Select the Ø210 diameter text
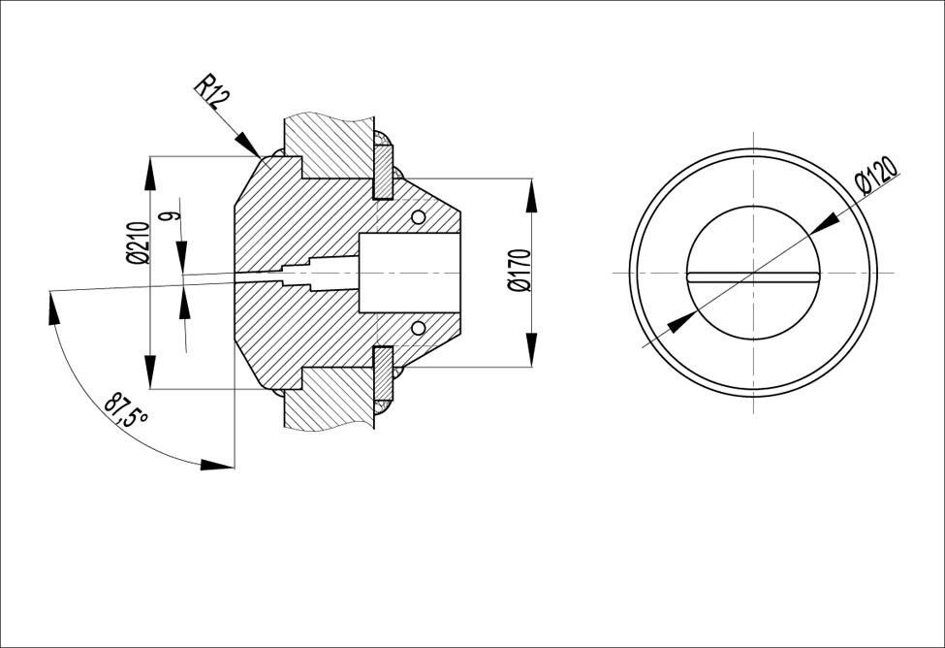[137, 243]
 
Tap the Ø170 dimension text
[519, 271]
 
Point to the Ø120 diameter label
[876, 174]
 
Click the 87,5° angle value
[126, 410]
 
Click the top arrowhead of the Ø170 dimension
[531, 195]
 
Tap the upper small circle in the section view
[418, 216]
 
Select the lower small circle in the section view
[418, 328]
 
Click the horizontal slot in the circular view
[753, 276]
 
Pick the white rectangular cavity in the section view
[409, 273]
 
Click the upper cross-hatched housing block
[328, 146]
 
